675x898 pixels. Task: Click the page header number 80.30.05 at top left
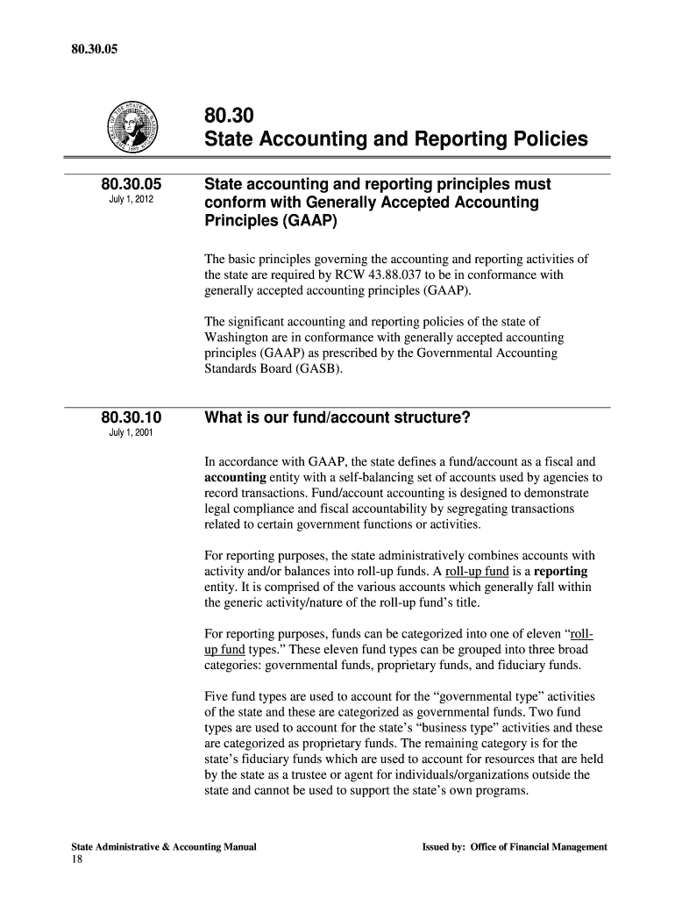click(93, 24)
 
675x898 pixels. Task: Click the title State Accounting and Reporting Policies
click(395, 139)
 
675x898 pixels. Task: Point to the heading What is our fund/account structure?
click(337, 418)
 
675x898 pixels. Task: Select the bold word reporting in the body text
click(558, 571)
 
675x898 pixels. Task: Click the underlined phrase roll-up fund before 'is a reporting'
click(480, 571)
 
